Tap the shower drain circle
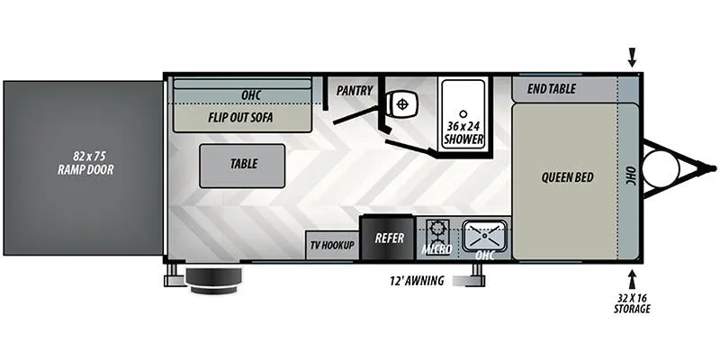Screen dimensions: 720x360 (463, 113)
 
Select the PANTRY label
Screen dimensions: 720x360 (355, 91)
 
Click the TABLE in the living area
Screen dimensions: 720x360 (242, 166)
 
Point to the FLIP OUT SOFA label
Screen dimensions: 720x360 (240, 117)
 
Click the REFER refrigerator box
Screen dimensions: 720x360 (389, 238)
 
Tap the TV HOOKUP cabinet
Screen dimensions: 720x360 (332, 246)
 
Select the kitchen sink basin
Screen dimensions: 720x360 (485, 235)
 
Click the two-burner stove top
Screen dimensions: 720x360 (437, 235)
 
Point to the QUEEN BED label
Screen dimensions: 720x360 (568, 177)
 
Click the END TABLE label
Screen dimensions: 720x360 (551, 88)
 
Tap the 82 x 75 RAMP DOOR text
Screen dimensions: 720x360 (85, 164)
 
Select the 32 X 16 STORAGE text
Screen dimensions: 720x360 (633, 303)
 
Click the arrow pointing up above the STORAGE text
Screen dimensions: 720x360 (633, 279)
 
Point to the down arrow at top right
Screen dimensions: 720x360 (633, 58)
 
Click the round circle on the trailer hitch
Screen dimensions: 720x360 (661, 168)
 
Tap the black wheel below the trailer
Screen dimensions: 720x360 (213, 280)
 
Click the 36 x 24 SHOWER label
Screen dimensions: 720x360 (463, 132)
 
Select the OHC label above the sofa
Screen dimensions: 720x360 (251, 95)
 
